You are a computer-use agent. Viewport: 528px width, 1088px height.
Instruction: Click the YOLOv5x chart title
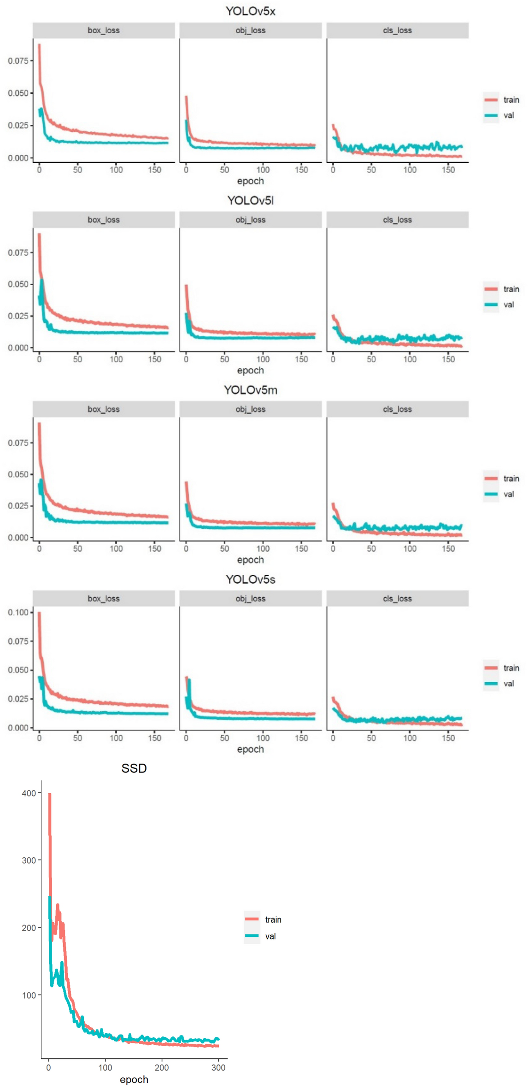250,11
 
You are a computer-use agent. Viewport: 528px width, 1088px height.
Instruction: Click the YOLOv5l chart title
250,200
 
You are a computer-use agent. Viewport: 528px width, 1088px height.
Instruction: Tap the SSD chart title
134,768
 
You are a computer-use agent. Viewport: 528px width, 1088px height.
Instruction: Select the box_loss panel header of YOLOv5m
104,409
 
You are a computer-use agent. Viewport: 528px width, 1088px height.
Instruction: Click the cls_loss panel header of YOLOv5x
397,30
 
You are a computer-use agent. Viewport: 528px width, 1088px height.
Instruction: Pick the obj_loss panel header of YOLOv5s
250,598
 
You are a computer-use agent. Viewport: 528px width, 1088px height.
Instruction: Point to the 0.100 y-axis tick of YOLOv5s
18,612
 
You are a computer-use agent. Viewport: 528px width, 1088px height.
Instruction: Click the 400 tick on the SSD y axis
29,793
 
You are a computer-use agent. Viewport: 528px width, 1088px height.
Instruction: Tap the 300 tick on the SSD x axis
218,1068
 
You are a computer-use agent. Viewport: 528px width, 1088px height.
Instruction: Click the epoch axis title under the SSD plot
134,1079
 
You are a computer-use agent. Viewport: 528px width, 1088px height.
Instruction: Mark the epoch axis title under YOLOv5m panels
250,560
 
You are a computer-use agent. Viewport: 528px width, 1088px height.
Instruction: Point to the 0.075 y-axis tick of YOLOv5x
18,60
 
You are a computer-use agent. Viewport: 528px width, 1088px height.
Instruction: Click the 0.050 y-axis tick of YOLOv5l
18,284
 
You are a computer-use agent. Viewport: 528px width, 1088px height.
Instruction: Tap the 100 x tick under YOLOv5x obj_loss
263,170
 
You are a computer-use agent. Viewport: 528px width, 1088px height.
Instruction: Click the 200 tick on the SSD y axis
29,928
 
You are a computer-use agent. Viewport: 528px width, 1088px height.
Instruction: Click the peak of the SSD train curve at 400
49,794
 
